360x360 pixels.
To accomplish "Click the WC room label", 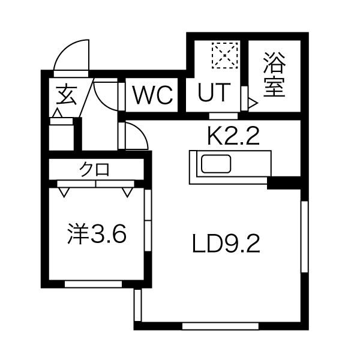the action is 153,95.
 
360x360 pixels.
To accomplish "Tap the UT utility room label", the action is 214,92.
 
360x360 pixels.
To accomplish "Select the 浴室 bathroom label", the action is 274,74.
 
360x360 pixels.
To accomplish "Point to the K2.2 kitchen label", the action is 233,136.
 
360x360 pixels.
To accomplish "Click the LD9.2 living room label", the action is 226,244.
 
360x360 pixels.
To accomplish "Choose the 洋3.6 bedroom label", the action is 97,234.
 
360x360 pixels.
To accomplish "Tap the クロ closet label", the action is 94,169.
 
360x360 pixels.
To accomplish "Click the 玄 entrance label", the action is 66,95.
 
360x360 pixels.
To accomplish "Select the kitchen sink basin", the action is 216,164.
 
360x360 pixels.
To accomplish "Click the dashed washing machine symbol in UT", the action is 225,55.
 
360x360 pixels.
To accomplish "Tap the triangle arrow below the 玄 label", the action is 58,113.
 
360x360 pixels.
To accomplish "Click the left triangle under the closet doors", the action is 64,193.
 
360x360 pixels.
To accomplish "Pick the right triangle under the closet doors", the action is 128,193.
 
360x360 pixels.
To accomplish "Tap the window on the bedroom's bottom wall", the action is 93,284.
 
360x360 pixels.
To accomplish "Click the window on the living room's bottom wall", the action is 220,326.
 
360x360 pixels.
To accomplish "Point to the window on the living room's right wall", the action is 304,237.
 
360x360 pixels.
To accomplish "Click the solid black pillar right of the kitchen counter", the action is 284,183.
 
